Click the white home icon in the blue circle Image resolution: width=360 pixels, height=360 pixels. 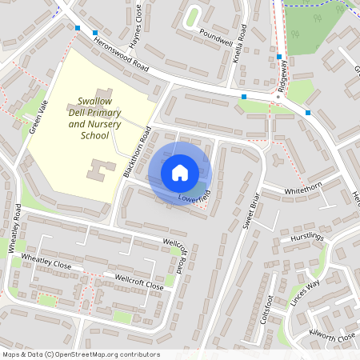(x=180, y=173)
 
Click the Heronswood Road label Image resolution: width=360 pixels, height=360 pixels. (x=121, y=54)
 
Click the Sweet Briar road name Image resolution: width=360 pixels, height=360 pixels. (x=250, y=211)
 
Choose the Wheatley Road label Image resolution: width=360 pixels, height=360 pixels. (x=16, y=228)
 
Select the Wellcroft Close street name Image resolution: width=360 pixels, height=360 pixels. (x=139, y=282)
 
